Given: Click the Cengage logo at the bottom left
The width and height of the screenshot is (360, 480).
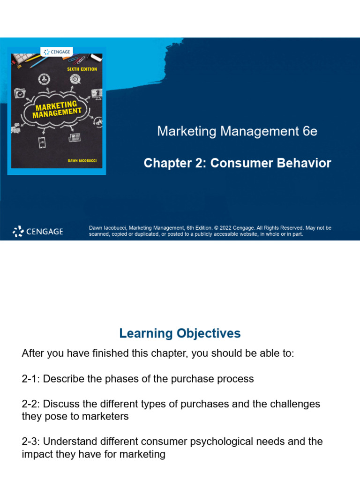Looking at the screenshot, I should (x=37, y=231).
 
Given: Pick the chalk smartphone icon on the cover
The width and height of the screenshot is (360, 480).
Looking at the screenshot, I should (x=41, y=142).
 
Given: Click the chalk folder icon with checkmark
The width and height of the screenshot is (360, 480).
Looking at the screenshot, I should (x=20, y=93).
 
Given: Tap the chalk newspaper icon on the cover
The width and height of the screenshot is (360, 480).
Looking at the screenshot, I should (x=74, y=138).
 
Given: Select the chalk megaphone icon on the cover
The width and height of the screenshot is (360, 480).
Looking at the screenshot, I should (x=97, y=121).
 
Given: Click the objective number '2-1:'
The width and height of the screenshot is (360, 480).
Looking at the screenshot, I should (x=31, y=379).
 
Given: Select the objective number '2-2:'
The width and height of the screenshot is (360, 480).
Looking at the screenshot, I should (x=31, y=404).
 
